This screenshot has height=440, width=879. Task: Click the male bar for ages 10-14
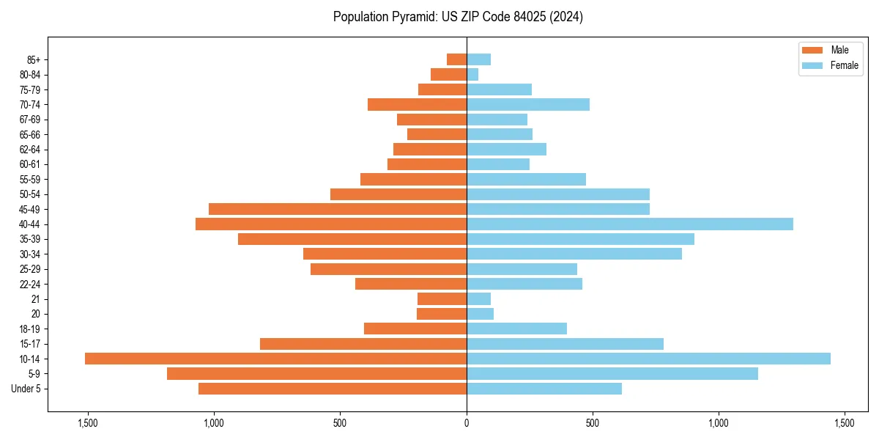point(275,359)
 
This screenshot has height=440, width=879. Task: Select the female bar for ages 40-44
point(630,224)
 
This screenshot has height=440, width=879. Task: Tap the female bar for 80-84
point(472,74)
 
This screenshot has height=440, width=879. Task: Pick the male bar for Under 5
point(333,389)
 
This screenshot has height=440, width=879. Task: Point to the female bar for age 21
point(478,298)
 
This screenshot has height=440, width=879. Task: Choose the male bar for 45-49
point(338,209)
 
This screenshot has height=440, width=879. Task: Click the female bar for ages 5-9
point(612,374)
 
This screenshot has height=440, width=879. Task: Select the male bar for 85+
point(456,59)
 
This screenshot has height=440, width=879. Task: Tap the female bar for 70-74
point(528,104)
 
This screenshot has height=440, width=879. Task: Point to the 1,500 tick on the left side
point(88,423)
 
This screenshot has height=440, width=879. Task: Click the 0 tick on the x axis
point(467,423)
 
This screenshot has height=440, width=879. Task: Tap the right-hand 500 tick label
point(593,423)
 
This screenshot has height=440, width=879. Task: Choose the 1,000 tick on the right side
point(719,423)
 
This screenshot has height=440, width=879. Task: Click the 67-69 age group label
point(30,120)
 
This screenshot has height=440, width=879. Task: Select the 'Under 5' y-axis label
point(26,389)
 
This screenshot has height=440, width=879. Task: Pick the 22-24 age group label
point(30,284)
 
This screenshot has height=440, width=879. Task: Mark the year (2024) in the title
point(568,17)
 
